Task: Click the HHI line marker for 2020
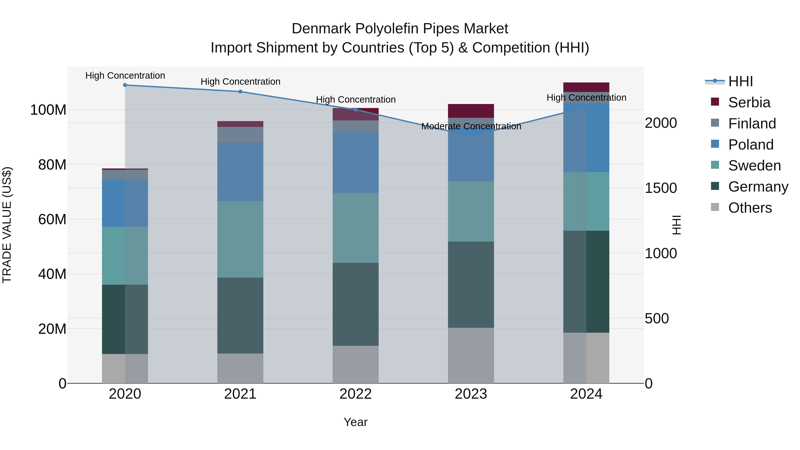125,85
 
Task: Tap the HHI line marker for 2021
240,92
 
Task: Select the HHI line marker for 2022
356,110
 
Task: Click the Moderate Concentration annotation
471,126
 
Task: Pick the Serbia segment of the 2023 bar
471,111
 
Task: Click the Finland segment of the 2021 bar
240,135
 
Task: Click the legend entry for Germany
758,187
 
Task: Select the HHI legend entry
740,81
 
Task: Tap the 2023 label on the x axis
471,394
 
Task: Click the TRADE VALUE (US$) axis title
7,225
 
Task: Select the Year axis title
355,422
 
